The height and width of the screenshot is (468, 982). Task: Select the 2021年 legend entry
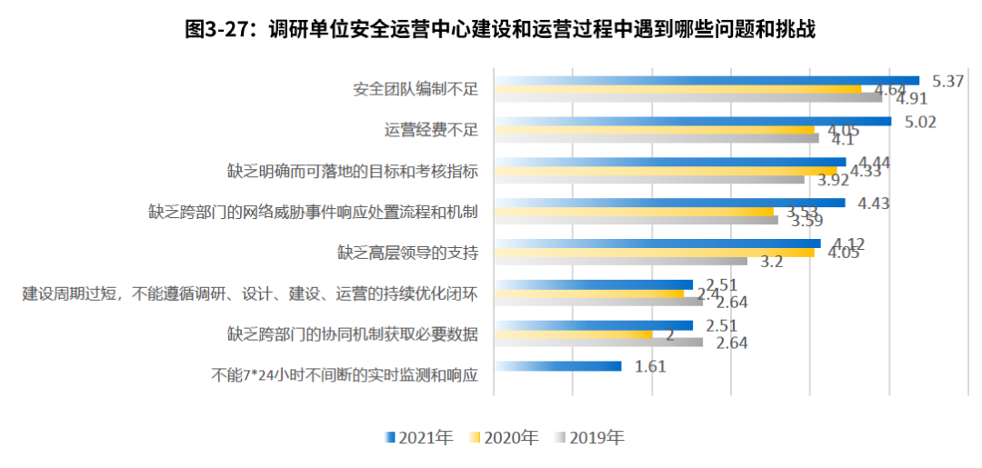(x=419, y=438)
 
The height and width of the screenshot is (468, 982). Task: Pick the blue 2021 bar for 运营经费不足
(x=691, y=122)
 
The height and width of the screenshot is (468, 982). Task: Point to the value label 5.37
(x=948, y=81)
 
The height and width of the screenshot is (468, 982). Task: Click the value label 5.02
(x=919, y=122)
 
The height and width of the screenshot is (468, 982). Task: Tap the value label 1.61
(x=651, y=366)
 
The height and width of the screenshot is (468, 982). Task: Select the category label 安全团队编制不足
(x=416, y=89)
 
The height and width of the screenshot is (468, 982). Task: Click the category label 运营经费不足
(x=431, y=130)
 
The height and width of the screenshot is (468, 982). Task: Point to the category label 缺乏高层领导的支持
(x=408, y=252)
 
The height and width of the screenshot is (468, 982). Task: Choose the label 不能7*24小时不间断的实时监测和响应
(x=345, y=373)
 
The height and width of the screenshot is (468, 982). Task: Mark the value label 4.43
(x=874, y=204)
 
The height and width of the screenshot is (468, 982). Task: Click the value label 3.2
(x=771, y=262)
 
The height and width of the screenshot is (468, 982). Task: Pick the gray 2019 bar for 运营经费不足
(x=656, y=138)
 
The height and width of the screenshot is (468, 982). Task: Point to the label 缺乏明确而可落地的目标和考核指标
(x=353, y=171)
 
